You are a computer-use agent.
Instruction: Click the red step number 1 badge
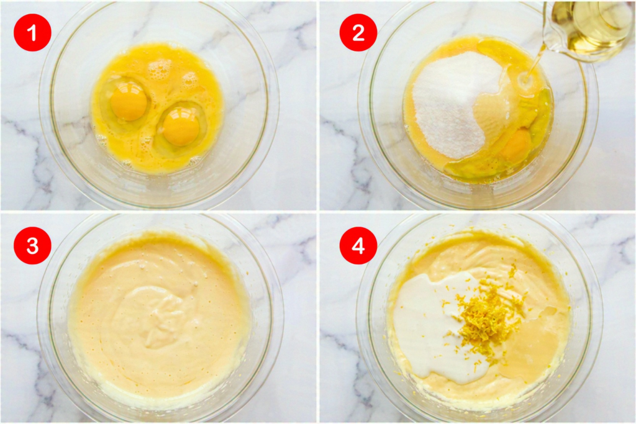pyautogui.click(x=32, y=32)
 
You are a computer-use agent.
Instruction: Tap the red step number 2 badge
pyautogui.click(x=358, y=32)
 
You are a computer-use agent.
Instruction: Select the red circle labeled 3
pyautogui.click(x=32, y=245)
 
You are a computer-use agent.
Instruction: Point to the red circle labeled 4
pyautogui.click(x=358, y=245)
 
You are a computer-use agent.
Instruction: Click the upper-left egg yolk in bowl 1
pyautogui.click(x=128, y=103)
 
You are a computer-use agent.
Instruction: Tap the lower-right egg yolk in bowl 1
pyautogui.click(x=181, y=128)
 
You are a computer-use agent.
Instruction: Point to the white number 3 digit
pyautogui.click(x=32, y=246)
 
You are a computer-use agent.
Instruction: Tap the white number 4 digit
pyautogui.click(x=358, y=246)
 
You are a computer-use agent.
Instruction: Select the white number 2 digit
pyautogui.click(x=358, y=33)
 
